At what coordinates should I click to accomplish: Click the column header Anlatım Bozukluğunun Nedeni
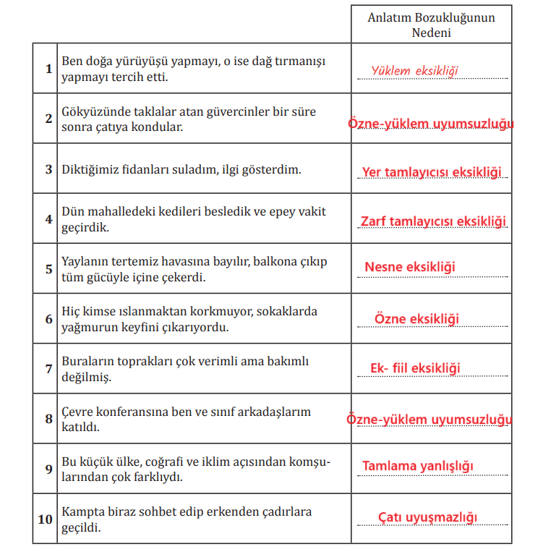431,25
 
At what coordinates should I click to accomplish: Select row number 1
48,69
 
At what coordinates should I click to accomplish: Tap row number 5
48,268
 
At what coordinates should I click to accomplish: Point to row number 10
46,519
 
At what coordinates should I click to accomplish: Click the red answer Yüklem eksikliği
415,70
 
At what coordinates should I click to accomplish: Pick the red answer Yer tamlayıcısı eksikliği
432,171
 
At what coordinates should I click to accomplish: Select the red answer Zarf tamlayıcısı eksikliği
433,221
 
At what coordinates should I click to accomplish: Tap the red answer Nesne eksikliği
410,267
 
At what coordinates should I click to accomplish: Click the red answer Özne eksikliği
416,318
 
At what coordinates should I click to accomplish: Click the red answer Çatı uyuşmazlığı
428,516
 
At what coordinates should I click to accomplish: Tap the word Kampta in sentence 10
81,512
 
